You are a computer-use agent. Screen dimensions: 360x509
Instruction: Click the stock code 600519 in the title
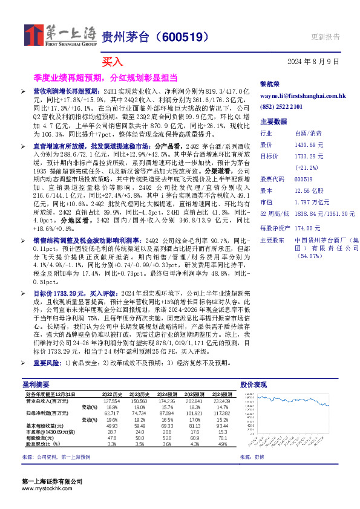(x=182, y=37)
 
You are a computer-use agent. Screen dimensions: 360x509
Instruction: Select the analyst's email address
(x=293, y=96)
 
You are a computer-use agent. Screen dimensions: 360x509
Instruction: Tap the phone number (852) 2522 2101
(x=281, y=106)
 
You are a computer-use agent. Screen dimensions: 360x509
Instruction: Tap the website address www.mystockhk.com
(x=48, y=488)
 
